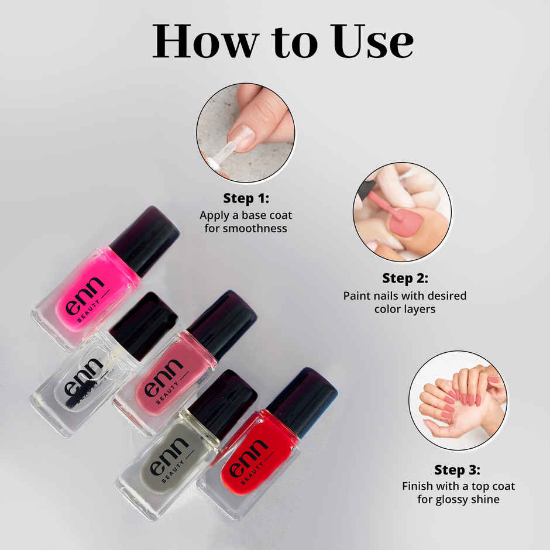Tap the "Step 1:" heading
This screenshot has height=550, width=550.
[x=246, y=198]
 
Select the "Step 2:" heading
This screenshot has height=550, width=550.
[x=405, y=278]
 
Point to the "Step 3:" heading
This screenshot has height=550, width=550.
[x=458, y=470]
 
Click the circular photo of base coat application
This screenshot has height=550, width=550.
[x=246, y=133]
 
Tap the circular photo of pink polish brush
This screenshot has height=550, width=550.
[x=402, y=212]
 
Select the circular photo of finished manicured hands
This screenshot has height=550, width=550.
[x=458, y=401]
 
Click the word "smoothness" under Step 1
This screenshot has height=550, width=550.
[x=246, y=228]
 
